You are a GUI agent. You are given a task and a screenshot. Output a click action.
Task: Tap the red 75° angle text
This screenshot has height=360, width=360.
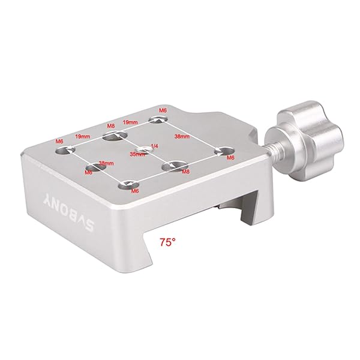point(167,243)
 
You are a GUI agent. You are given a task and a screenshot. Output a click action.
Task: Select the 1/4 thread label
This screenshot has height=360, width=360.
point(155,146)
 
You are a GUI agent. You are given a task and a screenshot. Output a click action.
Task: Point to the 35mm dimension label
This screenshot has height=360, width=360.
point(137,154)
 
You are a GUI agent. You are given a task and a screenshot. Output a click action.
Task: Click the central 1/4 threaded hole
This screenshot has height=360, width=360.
point(144,149)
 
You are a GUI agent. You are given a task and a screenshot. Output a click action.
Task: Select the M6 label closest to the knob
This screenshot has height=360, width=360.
point(230,158)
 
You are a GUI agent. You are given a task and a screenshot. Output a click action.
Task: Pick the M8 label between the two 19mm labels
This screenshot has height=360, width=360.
point(110,127)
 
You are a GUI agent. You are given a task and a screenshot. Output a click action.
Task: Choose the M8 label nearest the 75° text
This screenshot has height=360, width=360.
point(185,172)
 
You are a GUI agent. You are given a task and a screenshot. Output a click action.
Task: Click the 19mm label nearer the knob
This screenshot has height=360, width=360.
point(130,122)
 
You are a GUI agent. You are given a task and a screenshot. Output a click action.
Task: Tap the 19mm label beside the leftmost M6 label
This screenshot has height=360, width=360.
point(83,137)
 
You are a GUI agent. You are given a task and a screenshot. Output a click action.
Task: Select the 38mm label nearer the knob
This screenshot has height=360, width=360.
point(182,137)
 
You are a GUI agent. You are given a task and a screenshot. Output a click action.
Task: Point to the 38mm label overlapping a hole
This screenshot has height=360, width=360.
point(106,163)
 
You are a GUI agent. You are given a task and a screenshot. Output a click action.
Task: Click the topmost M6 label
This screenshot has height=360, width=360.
point(162,111)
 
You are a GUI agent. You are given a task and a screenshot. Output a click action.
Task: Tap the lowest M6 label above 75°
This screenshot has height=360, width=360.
point(135,191)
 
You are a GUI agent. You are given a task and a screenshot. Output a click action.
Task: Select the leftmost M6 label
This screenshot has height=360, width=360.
point(59,142)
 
